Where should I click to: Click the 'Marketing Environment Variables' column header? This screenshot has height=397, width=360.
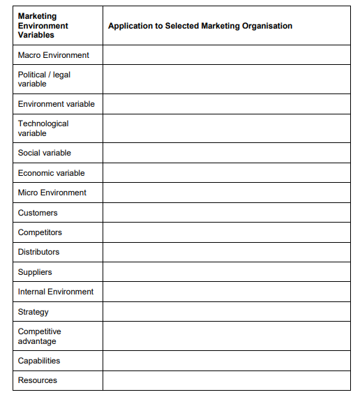click(43, 25)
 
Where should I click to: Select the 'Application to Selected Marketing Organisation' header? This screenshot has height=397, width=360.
click(200, 26)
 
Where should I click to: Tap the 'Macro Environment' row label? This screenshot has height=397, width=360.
click(54, 55)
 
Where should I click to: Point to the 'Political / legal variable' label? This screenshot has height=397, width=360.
click(44, 79)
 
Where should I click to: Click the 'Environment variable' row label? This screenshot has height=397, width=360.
click(57, 104)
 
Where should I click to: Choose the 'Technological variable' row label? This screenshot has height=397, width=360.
click(43, 128)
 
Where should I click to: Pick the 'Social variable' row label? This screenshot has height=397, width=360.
click(45, 153)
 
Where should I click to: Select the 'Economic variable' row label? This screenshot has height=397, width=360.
click(52, 173)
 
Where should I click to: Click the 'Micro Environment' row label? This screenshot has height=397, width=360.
click(52, 193)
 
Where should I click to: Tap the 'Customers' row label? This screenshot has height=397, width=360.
click(38, 213)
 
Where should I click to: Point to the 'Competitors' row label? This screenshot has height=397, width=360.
click(40, 232)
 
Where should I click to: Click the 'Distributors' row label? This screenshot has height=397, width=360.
click(39, 252)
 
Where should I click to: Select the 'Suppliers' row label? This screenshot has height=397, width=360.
click(35, 272)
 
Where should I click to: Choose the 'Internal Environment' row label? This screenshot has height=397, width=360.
click(56, 292)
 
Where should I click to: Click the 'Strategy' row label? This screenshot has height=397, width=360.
click(33, 312)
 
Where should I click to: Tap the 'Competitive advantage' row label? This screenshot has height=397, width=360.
click(40, 336)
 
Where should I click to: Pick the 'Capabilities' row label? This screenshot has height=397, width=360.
click(39, 361)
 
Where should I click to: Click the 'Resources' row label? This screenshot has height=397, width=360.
click(38, 380)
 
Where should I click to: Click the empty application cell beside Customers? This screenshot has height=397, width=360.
click(227, 213)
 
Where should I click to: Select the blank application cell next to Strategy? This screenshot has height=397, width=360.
click(227, 312)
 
